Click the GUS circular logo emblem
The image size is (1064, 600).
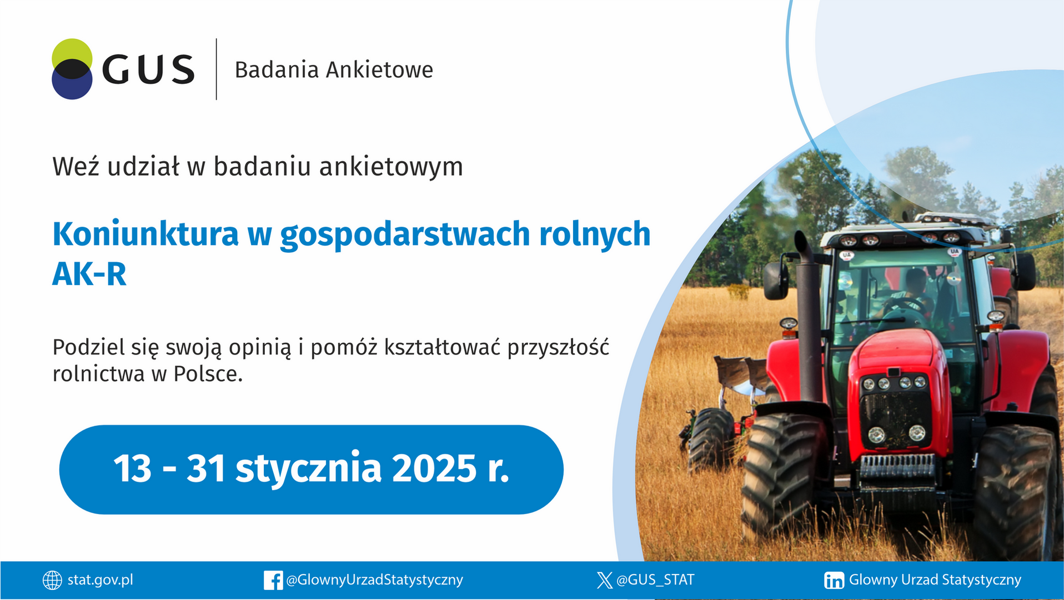point(72,69)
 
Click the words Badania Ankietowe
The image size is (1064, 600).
point(333,70)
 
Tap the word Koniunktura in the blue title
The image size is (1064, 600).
point(145,234)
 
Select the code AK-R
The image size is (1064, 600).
point(89,274)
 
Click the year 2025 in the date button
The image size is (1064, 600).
point(434,468)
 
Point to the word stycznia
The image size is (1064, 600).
point(308,468)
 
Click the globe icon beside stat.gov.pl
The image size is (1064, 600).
point(52,580)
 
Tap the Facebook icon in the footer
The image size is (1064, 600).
point(273,580)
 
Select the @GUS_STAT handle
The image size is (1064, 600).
point(655,580)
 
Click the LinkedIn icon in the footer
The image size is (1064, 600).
point(834,580)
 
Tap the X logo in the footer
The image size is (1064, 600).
point(604,580)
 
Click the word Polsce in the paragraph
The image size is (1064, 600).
point(208,374)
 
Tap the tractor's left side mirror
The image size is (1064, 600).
point(775,280)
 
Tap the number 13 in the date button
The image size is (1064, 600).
point(132,468)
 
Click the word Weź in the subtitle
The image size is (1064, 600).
point(76,167)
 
